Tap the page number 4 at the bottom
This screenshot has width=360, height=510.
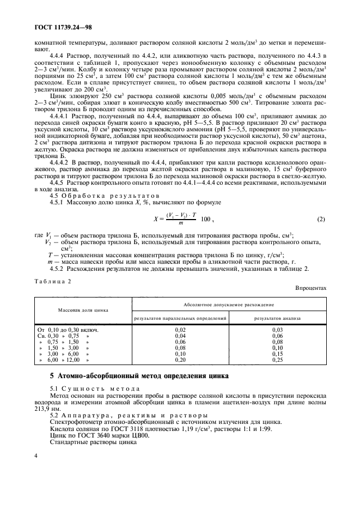click(35, 471)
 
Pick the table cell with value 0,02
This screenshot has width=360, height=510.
click(180, 330)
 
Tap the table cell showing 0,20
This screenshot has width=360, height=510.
click(180, 360)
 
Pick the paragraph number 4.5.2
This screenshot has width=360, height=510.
click(57, 268)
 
